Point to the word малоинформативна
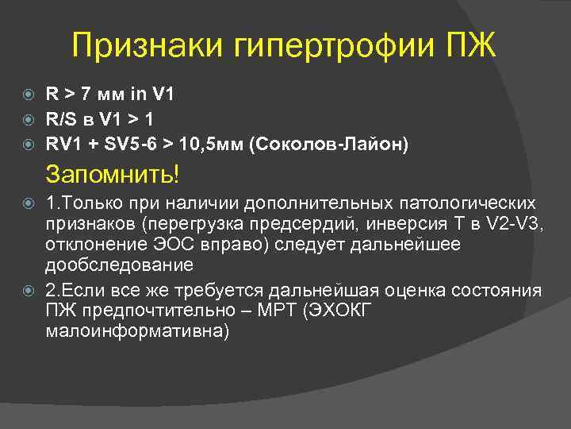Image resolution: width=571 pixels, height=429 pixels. [137, 330]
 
